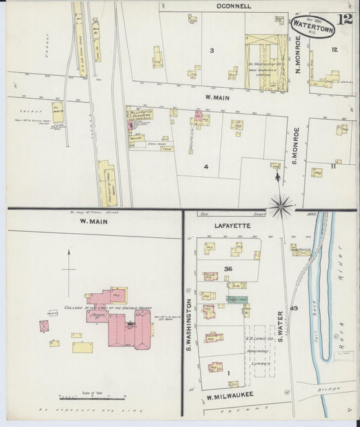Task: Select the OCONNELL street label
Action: pos(234,6)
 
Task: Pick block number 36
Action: pos(228,269)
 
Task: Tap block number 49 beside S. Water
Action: pos(293,308)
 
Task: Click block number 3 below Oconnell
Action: pos(211,51)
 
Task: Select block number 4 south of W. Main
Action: pos(207,166)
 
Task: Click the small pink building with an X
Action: pos(45,326)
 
